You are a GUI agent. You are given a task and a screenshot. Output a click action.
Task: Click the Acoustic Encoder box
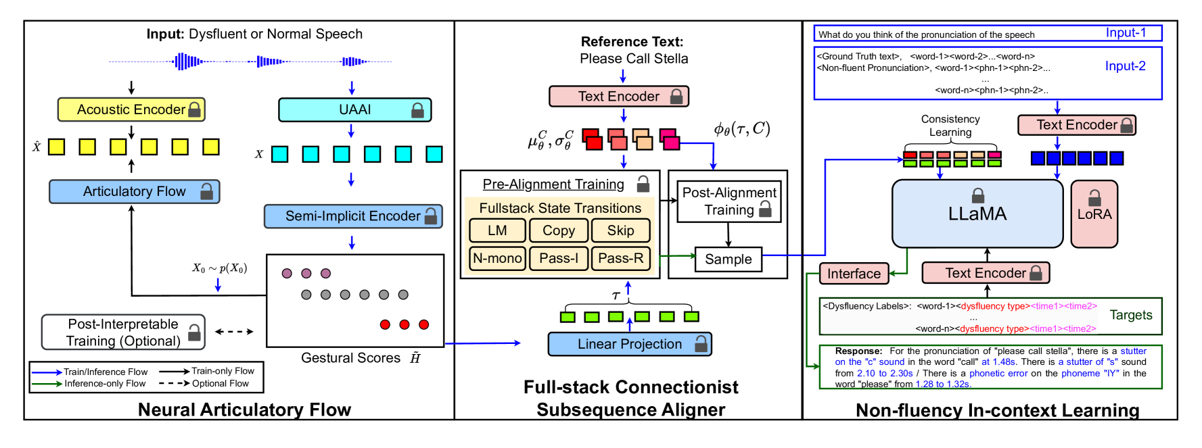[131, 109]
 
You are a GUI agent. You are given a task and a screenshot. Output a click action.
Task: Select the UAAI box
[354, 109]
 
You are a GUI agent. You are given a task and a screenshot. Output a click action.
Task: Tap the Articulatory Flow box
[134, 192]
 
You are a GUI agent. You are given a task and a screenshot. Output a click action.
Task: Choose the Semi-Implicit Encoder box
[353, 216]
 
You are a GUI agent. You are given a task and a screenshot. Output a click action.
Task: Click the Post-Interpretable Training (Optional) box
[123, 332]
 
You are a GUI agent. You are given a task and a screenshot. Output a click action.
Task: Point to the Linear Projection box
[630, 344]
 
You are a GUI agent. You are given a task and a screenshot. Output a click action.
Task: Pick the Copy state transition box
[559, 230]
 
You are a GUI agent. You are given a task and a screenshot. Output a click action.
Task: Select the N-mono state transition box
[497, 258]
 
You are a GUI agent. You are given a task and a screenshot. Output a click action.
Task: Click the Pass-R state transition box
[620, 258]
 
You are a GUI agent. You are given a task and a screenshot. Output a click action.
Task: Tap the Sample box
[729, 259]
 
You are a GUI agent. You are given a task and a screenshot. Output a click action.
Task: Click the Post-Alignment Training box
[729, 201]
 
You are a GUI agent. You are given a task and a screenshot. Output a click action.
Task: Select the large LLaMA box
[977, 214]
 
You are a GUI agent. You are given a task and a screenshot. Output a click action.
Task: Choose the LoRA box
[1094, 214]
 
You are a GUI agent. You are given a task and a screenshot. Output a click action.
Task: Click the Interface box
[854, 274]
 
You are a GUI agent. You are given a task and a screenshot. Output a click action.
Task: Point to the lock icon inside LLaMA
[978, 196]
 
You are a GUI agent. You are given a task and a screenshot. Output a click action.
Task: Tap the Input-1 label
[1126, 33]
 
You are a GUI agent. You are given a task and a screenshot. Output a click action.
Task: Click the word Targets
[1131, 315]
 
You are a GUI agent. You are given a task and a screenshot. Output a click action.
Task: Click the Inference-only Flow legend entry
[105, 384]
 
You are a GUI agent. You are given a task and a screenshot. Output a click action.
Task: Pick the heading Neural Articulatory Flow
[244, 410]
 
